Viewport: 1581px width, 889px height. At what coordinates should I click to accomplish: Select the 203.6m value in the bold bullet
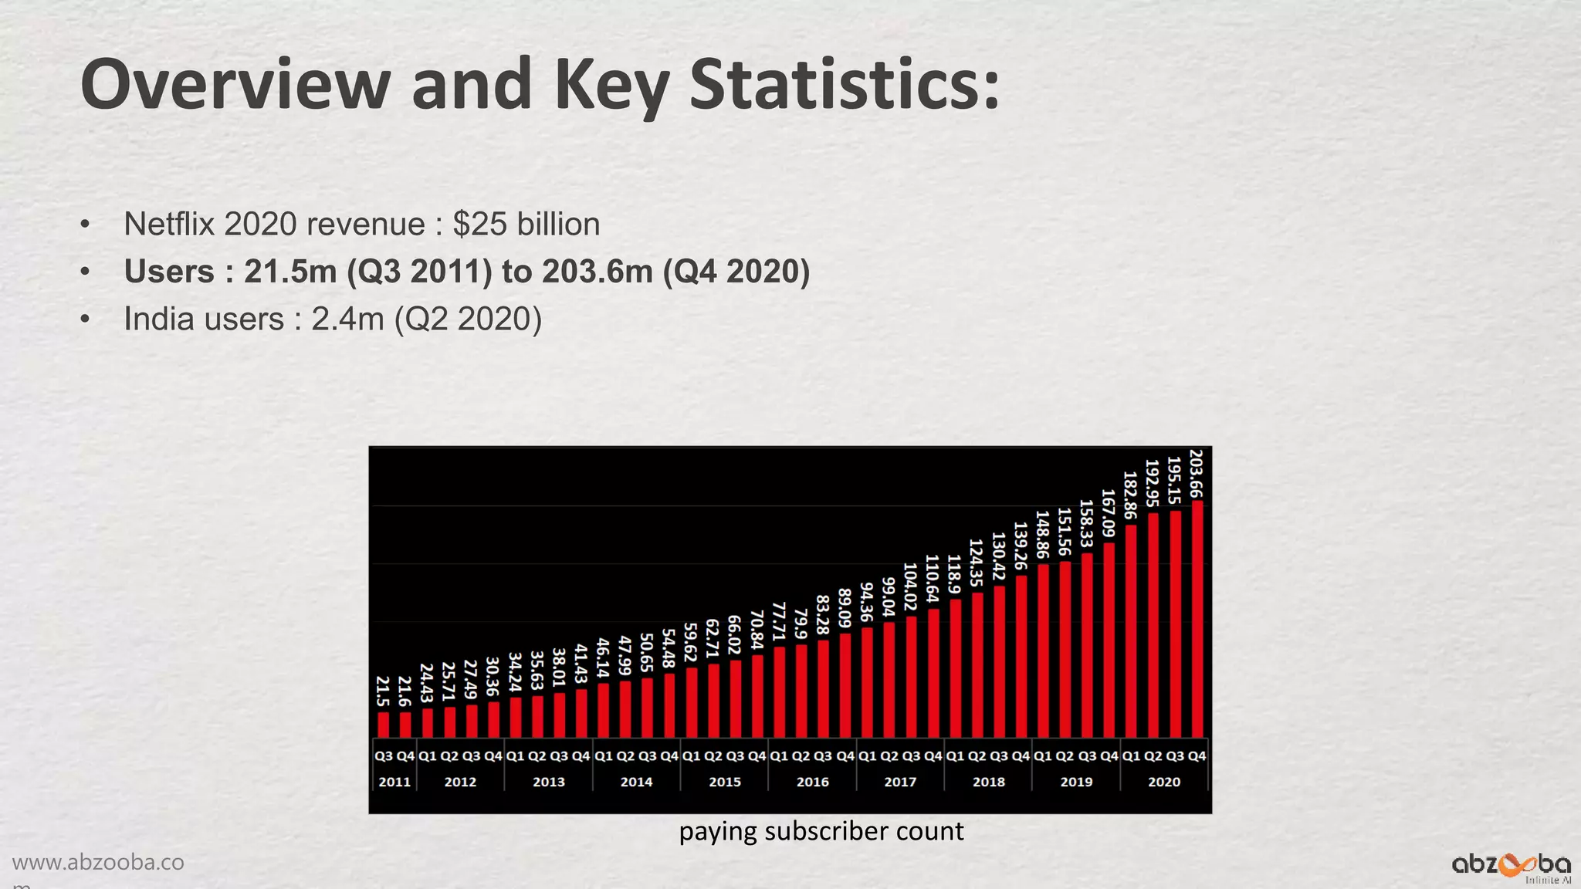(597, 272)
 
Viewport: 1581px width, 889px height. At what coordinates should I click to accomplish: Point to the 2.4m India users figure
(347, 319)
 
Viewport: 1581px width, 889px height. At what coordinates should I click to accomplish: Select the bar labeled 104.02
(912, 676)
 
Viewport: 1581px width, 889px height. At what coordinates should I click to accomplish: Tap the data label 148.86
(1042, 535)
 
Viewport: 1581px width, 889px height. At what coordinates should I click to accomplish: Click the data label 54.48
(669, 649)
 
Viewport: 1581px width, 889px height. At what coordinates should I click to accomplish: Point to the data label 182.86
(1130, 495)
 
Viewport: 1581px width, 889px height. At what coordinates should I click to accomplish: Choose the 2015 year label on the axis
(724, 782)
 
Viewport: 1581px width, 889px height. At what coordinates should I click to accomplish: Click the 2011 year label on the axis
(394, 782)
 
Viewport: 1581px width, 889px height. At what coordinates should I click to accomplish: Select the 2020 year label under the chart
(1163, 782)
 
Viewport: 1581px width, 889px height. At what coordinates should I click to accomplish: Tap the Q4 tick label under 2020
(1197, 756)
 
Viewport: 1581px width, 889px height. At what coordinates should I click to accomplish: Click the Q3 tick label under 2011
(384, 756)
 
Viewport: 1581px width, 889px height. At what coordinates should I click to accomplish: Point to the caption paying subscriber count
(821, 831)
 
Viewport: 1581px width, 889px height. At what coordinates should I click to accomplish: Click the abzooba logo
(1511, 865)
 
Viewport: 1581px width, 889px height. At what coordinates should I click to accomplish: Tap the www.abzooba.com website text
(98, 863)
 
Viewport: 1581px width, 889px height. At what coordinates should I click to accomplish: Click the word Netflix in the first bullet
(171, 225)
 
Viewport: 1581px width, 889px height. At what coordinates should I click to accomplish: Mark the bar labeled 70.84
(757, 695)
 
